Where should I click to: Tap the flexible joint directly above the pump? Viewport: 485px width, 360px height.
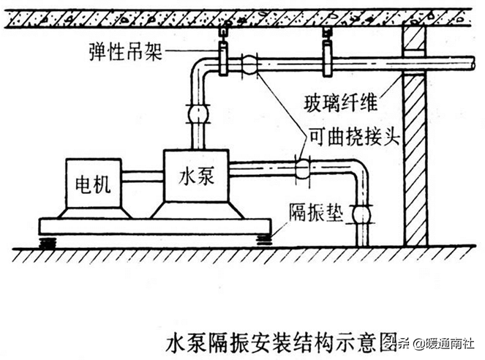(198, 114)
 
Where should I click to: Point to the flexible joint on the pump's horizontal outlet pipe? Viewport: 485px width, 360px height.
(301, 169)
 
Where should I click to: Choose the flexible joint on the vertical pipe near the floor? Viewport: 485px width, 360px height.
(361, 214)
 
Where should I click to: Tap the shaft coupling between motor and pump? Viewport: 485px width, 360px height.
(143, 176)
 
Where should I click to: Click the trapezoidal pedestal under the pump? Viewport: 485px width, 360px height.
(197, 211)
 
